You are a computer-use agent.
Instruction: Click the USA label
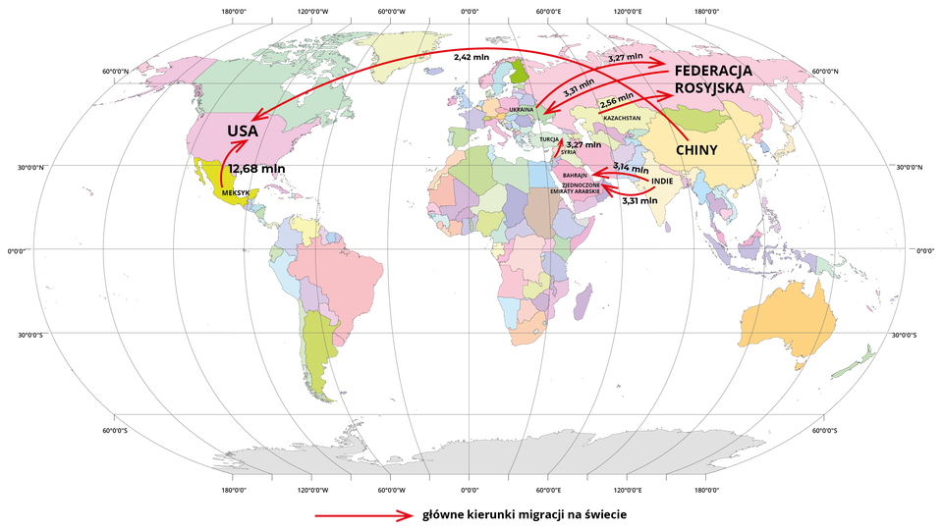coord(244,131)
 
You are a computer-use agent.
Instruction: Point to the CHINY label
coord(697,150)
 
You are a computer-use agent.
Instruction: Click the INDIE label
coord(663,182)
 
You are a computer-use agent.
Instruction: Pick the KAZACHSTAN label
coord(623,118)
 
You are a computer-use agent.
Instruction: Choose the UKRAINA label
coord(521,109)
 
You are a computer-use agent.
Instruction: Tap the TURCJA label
coord(548,139)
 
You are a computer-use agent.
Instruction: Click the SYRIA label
coord(568,152)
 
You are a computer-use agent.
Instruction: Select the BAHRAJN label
coord(575,175)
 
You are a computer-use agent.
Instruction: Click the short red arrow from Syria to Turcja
coord(558,148)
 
